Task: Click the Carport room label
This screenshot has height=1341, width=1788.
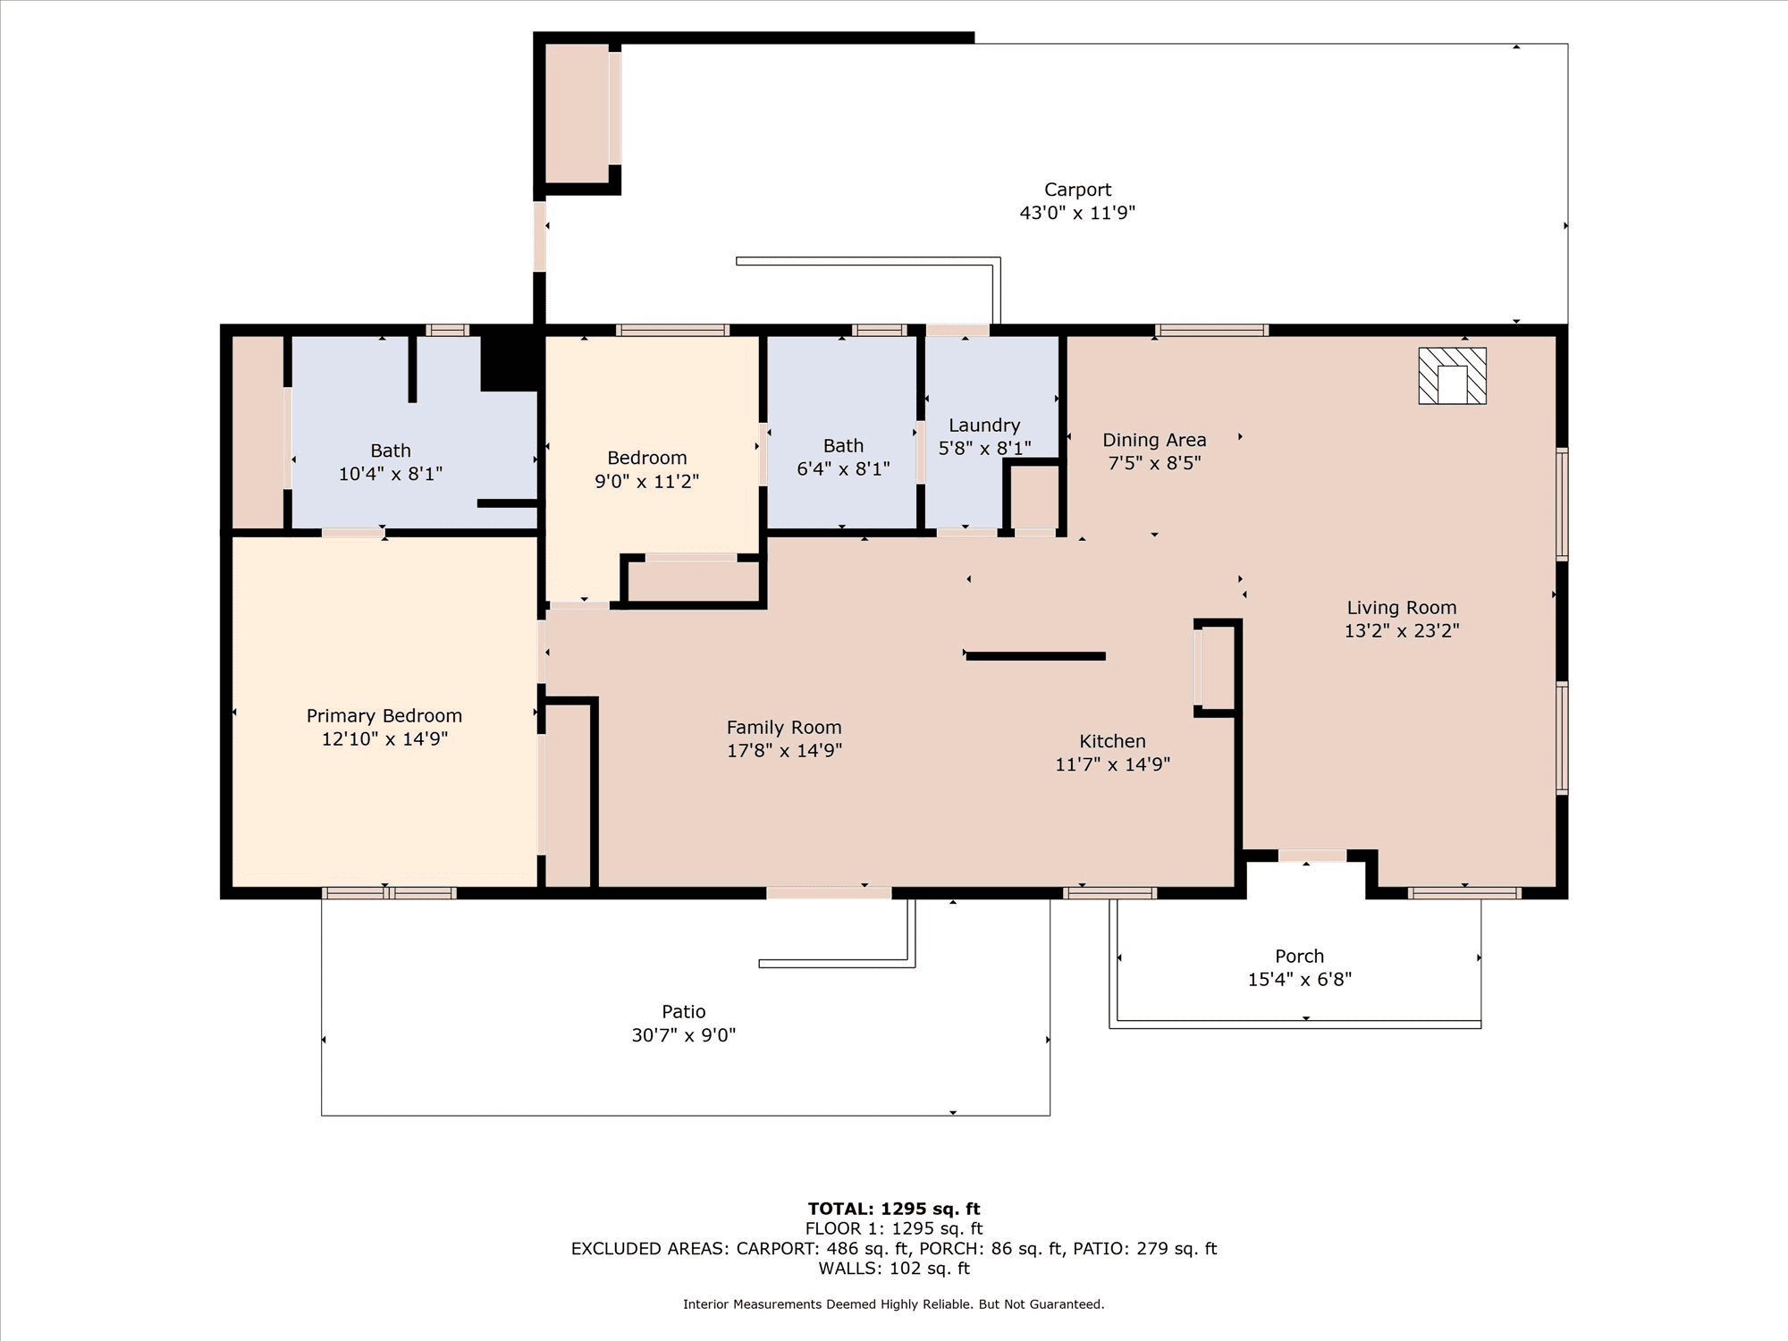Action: click(1077, 190)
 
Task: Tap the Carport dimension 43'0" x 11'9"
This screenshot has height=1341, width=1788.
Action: click(1077, 213)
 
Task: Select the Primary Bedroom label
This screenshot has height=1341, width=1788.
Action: click(384, 716)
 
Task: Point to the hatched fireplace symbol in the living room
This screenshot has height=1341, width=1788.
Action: click(1452, 376)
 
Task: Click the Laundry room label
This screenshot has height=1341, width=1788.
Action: click(984, 426)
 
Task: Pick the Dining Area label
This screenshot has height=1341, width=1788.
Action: click(1154, 440)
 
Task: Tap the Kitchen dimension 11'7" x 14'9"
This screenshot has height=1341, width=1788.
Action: click(1112, 764)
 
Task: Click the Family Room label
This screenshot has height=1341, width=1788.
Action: click(784, 728)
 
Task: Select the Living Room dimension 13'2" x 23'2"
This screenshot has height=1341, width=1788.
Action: click(1402, 631)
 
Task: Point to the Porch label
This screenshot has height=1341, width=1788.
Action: click(1300, 957)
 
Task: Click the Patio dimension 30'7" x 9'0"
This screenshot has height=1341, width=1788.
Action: click(684, 1035)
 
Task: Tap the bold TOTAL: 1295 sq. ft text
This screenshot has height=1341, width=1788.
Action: click(894, 1210)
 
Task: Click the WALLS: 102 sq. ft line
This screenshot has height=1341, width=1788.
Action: click(894, 1269)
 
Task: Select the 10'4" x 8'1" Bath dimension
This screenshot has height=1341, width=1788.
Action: click(391, 474)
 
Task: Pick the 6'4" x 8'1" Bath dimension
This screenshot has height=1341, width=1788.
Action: click(843, 468)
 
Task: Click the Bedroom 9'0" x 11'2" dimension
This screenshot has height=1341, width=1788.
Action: click(647, 481)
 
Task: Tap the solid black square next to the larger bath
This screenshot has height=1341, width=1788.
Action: click(510, 362)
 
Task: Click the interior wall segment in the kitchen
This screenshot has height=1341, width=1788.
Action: click(1036, 656)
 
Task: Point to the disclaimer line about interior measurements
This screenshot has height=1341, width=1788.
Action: click(894, 1304)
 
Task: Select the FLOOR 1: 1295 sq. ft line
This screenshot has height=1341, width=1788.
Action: click(894, 1229)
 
